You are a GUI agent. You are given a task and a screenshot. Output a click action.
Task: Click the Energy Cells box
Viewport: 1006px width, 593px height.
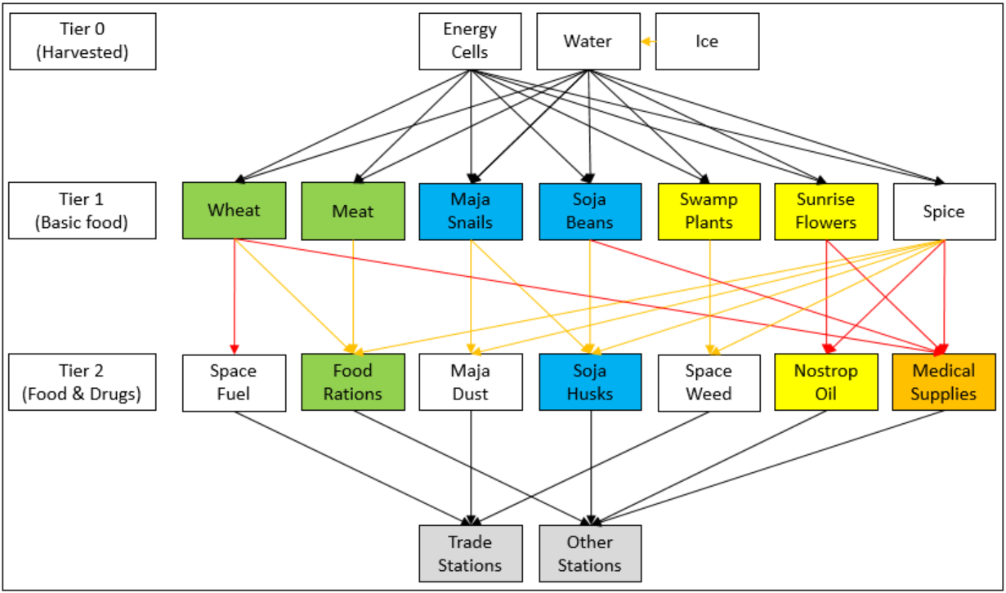pyautogui.click(x=470, y=41)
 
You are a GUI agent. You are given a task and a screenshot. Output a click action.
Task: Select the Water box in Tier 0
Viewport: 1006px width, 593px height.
pyautogui.click(x=588, y=41)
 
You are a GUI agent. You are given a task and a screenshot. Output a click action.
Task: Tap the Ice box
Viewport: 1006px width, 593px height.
pyautogui.click(x=707, y=41)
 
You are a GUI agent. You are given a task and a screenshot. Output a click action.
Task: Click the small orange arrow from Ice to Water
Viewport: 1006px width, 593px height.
pyautogui.click(x=647, y=41)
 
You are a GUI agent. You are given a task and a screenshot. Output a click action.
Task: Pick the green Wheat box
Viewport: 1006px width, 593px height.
pyautogui.click(x=234, y=211)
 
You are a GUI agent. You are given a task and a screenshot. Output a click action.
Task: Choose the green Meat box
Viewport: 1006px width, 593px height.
pyautogui.click(x=353, y=211)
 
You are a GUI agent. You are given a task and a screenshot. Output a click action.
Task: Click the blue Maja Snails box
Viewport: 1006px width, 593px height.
pyautogui.click(x=470, y=211)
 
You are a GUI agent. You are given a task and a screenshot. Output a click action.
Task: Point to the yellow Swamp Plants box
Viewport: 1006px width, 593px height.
pyautogui.click(x=709, y=211)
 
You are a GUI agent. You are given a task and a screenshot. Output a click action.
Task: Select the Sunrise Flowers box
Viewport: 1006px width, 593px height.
pyautogui.click(x=826, y=211)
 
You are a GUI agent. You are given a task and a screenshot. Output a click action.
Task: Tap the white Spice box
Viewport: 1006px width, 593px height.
pyautogui.click(x=944, y=211)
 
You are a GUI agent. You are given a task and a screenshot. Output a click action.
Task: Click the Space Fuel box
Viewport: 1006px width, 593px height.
pyautogui.click(x=234, y=381)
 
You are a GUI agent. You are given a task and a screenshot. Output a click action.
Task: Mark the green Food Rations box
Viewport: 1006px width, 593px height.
pyautogui.click(x=353, y=381)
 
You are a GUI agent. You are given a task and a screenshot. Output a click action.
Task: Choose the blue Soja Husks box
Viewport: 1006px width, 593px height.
pyautogui.click(x=590, y=381)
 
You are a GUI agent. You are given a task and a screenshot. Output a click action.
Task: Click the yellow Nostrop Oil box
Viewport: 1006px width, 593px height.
pyautogui.click(x=826, y=381)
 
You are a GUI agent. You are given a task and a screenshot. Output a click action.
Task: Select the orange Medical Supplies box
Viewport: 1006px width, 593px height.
pyautogui.click(x=944, y=381)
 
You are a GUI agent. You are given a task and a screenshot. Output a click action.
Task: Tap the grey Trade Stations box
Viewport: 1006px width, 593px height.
pyautogui.click(x=470, y=553)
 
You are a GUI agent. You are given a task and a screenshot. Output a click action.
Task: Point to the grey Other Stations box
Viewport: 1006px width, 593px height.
pyautogui.click(x=590, y=553)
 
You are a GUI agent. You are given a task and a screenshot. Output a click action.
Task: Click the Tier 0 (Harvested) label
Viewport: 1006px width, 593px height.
pyautogui.click(x=82, y=41)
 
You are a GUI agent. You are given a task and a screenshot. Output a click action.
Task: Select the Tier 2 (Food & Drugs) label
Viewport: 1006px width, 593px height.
pyautogui.click(x=82, y=381)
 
